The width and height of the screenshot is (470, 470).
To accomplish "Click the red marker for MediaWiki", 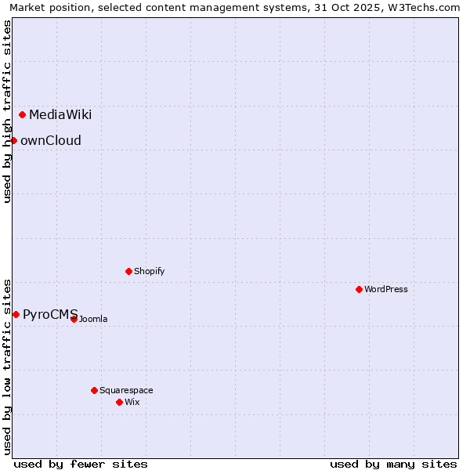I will (x=22, y=115).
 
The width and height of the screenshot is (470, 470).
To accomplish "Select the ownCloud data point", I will (x=13, y=140).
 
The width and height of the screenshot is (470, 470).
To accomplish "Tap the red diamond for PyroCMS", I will (x=16, y=314).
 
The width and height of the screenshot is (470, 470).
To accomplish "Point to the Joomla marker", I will (x=74, y=319).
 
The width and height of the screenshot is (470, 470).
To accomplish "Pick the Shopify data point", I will (x=128, y=271).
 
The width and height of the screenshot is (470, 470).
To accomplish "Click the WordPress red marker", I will (x=359, y=289).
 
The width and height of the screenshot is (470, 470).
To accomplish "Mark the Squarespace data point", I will (x=94, y=390).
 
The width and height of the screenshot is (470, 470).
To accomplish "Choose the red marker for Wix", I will (x=119, y=402).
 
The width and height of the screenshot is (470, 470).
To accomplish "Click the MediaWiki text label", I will (x=60, y=115).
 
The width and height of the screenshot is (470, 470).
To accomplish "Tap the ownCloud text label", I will (x=51, y=141).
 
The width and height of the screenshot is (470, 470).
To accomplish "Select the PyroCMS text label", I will (x=50, y=315).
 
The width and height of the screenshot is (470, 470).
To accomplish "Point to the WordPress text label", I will (x=386, y=289).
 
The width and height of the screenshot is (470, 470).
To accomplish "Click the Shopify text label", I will (x=150, y=271).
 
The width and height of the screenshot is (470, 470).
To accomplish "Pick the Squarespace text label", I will (x=126, y=390).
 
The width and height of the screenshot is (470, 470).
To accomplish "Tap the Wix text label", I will (x=132, y=402).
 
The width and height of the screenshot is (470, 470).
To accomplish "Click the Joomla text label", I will (x=93, y=319).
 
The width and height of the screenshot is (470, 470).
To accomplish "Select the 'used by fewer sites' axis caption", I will (x=81, y=464).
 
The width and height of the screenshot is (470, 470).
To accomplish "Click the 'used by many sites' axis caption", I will (x=393, y=464).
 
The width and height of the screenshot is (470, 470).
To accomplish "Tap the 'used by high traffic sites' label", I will (x=7, y=111).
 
